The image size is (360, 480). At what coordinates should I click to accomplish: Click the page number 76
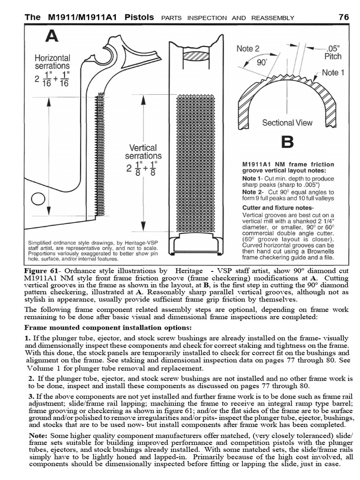344,17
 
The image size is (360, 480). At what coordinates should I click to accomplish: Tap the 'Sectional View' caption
287,123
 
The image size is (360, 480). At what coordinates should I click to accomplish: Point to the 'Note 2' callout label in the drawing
247,48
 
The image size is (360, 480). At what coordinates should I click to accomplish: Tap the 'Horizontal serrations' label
52,62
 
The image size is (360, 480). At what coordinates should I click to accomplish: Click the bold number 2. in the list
30,378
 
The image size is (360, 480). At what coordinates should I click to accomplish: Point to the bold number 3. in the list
30,397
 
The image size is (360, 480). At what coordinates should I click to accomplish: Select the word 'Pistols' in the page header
137,17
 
